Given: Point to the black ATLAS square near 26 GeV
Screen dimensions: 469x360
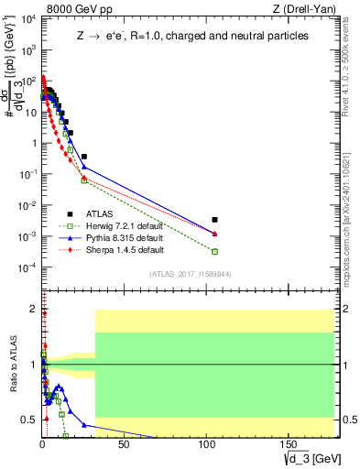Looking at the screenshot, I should (x=84, y=157).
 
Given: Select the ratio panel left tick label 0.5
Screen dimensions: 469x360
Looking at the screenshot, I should (x=27, y=420).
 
